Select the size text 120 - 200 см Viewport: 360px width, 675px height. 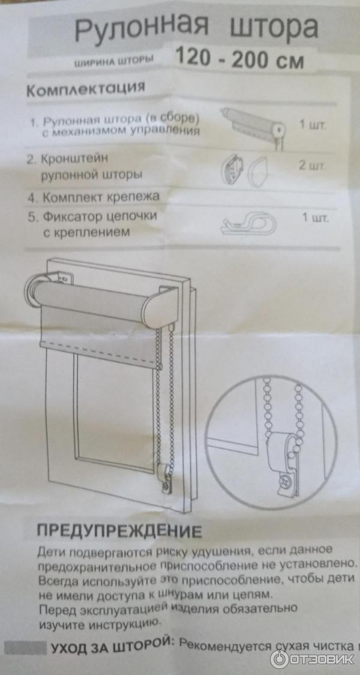240,58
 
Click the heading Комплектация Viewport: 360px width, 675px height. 86,90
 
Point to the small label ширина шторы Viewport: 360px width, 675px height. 114,62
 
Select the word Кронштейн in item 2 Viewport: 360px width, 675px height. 74,159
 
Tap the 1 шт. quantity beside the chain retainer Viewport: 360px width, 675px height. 315,218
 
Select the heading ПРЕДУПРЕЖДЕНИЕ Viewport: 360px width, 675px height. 119,531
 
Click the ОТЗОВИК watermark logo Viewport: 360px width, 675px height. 313,659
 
